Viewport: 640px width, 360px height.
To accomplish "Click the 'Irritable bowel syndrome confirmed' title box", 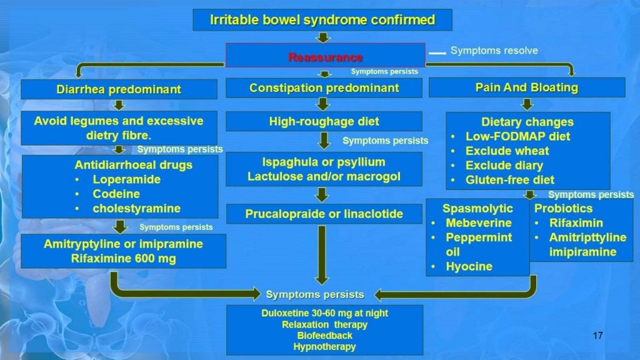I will click(322, 20).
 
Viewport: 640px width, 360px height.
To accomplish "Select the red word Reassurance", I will click(325, 57).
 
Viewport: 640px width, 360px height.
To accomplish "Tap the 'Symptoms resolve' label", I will click(494, 51).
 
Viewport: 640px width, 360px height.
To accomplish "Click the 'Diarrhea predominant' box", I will click(119, 89).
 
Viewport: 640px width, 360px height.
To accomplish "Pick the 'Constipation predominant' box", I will click(324, 88).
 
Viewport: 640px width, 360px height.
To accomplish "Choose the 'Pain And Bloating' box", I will click(527, 87).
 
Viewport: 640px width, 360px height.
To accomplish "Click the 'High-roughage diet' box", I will click(324, 121).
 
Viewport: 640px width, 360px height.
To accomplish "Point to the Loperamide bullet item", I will click(126, 179).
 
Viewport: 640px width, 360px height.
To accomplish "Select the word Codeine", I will click(116, 194).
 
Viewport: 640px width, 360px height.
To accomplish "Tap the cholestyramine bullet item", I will click(136, 208).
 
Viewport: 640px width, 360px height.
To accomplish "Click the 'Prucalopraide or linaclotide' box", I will click(324, 214).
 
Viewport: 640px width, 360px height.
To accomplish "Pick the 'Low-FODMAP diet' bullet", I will click(517, 136).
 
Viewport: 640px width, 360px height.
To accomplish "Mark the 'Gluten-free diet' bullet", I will click(509, 180).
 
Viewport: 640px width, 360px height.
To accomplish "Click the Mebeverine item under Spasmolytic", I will click(478, 223).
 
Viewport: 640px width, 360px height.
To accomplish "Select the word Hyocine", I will click(469, 266).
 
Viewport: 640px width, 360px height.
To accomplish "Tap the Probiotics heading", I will click(562, 208).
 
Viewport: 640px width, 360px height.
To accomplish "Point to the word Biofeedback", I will click(324, 336).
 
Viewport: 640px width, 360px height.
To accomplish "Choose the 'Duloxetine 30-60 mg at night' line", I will click(324, 313).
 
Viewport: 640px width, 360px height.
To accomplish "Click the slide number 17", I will click(597, 336).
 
